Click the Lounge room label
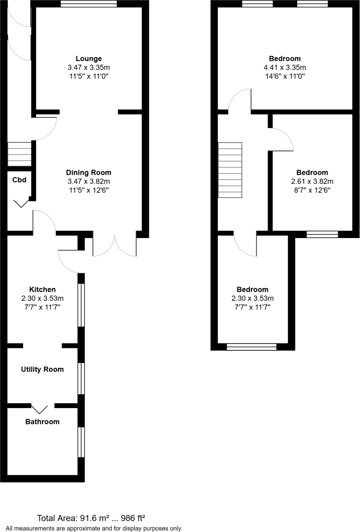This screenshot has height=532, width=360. point(88,58)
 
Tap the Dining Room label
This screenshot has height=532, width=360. point(88,173)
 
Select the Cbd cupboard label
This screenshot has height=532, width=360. point(19,180)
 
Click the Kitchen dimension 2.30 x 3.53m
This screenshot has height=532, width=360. point(42,298)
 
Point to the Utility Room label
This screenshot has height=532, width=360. point(42,369)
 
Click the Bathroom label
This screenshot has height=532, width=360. point(42,422)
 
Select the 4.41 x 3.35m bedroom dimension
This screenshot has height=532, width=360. point(285,67)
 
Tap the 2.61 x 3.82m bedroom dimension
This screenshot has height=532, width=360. point(312,181)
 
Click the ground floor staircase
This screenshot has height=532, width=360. point(19,154)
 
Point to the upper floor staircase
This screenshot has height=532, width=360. point(230,170)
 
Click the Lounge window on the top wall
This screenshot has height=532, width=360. point(88,4)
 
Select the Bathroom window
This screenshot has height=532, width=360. point(81,442)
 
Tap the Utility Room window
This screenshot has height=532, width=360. point(81,378)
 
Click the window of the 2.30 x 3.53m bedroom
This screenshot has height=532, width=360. point(251,347)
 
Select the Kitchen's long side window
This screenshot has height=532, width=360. point(81,305)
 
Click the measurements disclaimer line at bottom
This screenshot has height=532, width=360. point(93,528)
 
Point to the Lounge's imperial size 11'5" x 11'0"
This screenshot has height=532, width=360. point(88,76)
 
